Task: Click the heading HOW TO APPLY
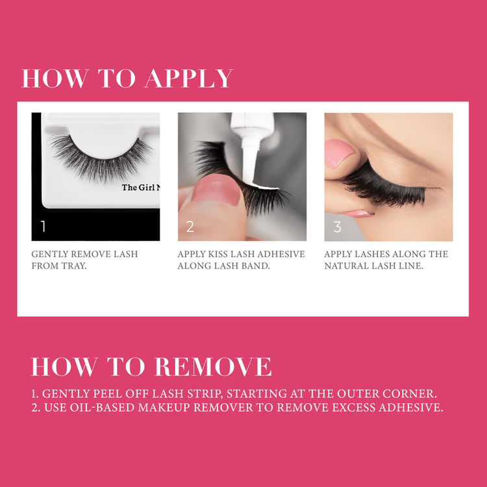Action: (x=127, y=79)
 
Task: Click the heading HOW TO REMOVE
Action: (x=151, y=367)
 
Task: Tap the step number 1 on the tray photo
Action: (x=43, y=227)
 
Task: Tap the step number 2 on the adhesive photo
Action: (x=190, y=227)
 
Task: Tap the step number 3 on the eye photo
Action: (x=336, y=227)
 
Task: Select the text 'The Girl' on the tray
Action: (x=139, y=188)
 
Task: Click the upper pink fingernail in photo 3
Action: (x=339, y=153)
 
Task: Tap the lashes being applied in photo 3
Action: (x=383, y=182)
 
